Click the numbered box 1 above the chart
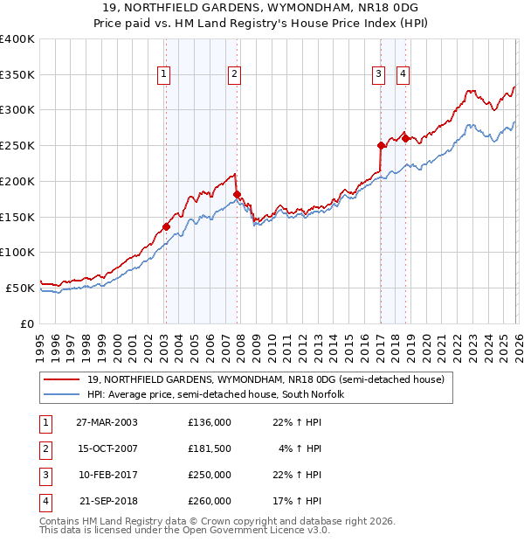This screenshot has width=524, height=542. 165,75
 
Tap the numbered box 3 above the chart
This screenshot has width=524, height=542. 379,75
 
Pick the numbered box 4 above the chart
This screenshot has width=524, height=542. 403,75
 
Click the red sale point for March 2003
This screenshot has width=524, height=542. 166,226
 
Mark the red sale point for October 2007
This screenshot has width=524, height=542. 237,194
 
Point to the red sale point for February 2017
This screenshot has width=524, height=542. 381,145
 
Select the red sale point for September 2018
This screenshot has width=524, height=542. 405,138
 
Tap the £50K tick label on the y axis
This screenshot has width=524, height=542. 19,288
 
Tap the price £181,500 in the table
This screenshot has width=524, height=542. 210,449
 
